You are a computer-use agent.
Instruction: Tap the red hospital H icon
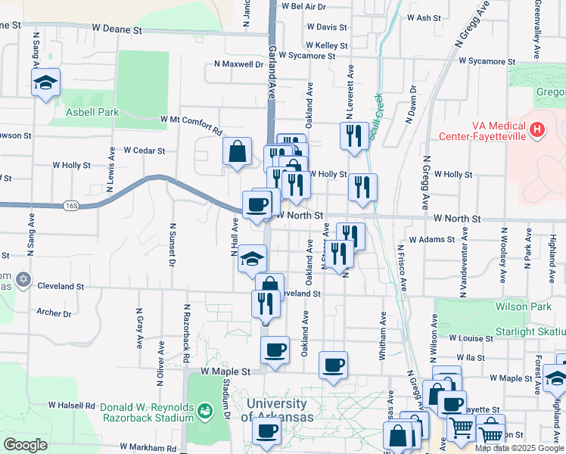537,130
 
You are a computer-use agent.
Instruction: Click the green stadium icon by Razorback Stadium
204,411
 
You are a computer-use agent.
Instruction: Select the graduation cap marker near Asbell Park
45,82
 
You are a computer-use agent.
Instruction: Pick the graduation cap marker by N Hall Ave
253,259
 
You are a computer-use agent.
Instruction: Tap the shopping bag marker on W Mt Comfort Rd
238,151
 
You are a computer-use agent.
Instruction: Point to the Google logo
25,446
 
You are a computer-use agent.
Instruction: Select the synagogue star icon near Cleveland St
23,280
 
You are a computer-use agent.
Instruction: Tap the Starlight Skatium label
530,332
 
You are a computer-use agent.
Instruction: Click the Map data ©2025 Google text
519,448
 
